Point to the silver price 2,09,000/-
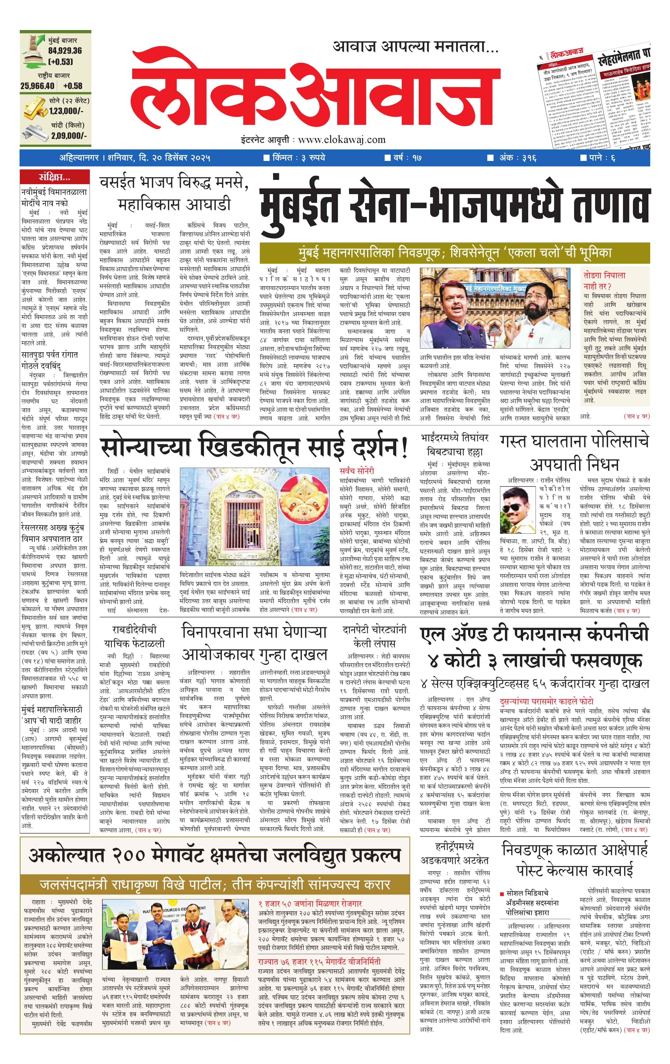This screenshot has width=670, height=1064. click(69, 136)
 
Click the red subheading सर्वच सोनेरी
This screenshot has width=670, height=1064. click(357, 471)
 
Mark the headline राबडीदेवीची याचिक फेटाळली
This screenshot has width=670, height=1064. click(134, 637)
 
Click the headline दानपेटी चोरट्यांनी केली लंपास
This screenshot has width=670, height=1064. click(374, 637)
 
